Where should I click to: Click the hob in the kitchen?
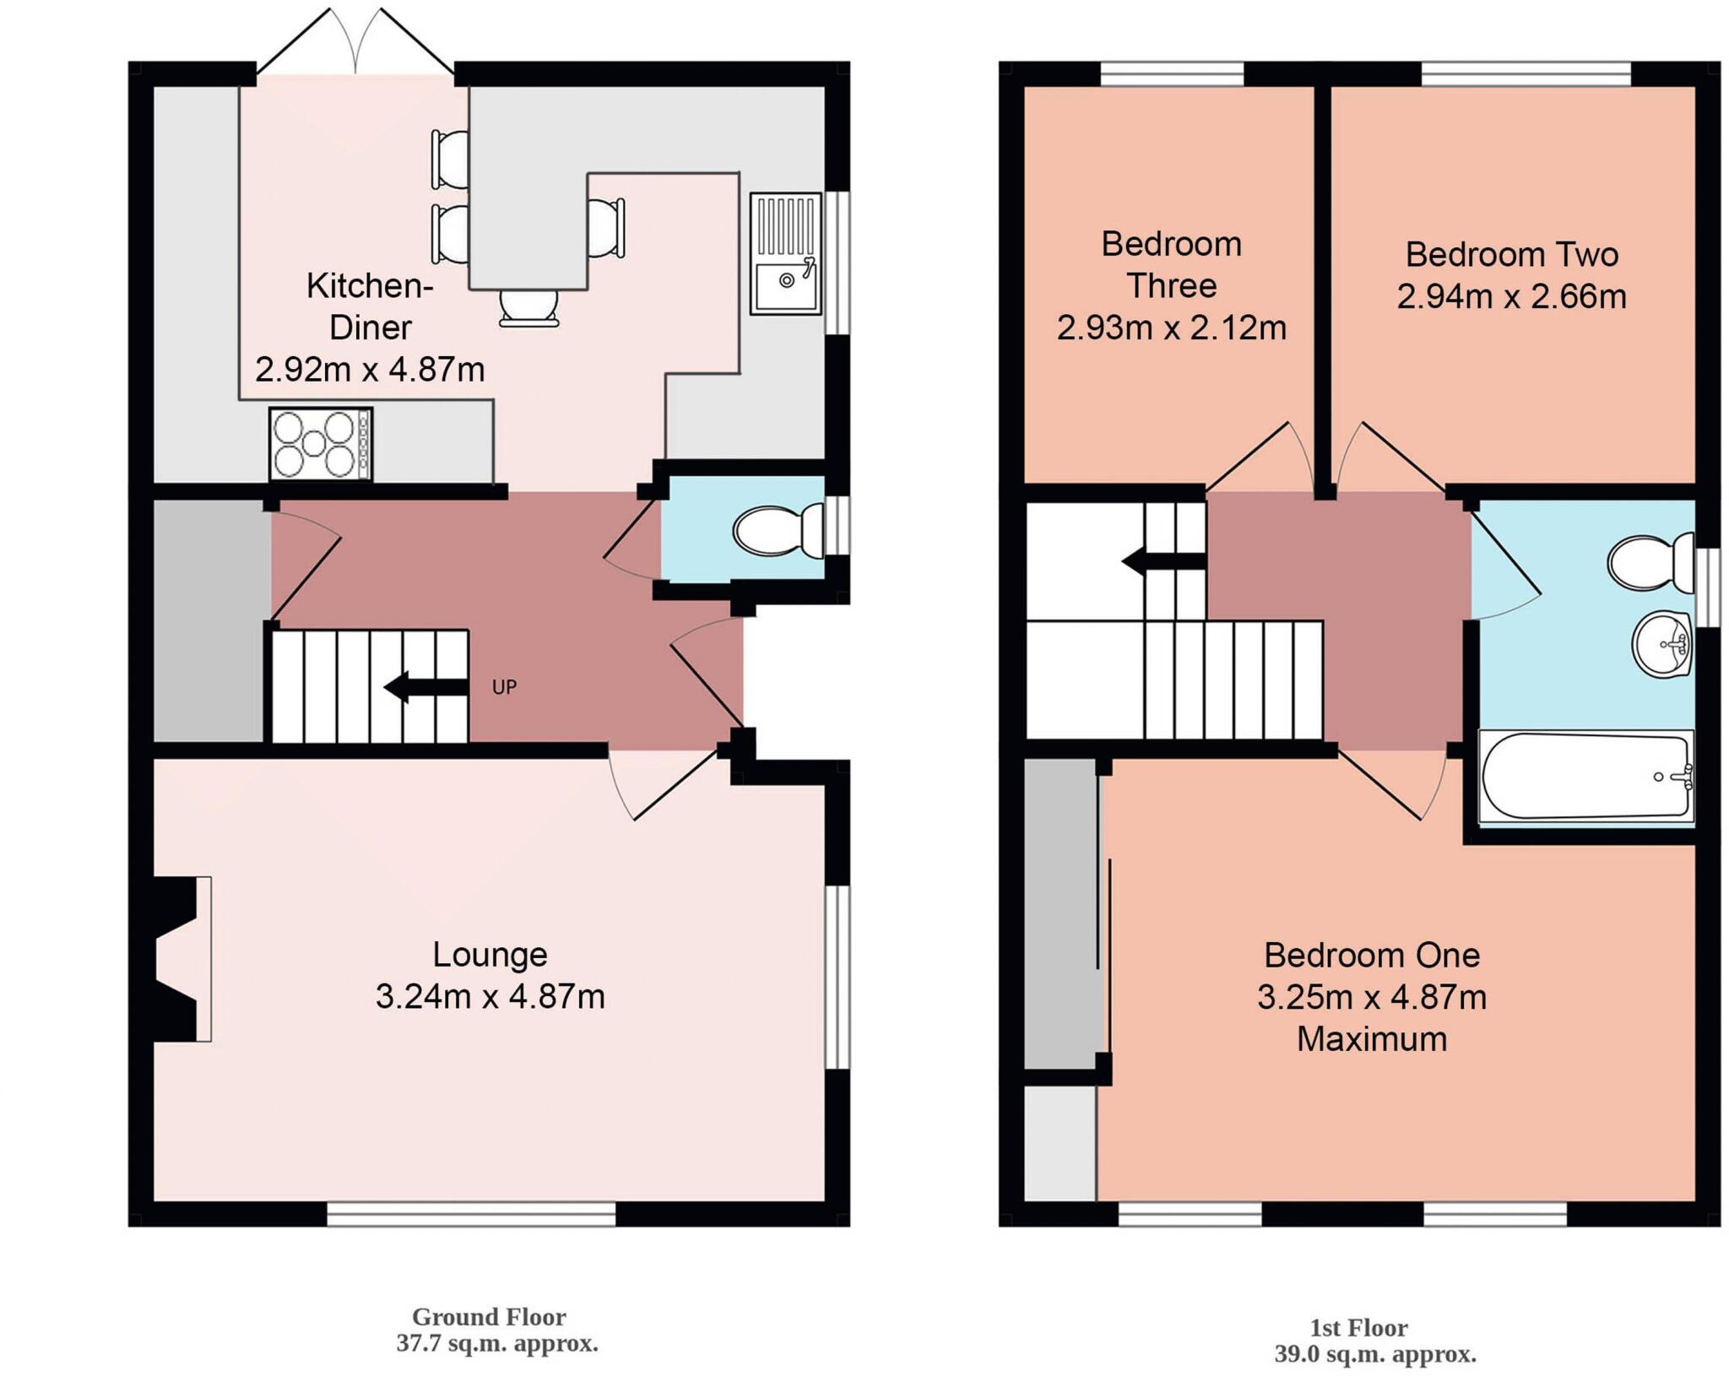click(320, 444)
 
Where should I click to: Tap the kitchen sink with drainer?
click(785, 253)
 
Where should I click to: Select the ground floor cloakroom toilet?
click(777, 530)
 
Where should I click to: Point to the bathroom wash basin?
click(1660, 645)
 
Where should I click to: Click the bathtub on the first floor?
click(1585, 776)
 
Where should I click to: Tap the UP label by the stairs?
click(504, 687)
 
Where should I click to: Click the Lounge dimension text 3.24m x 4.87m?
click(490, 997)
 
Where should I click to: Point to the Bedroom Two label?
click(1511, 255)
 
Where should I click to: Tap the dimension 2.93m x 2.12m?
click(1171, 328)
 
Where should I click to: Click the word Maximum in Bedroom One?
click(1371, 1039)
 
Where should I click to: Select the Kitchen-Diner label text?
click(370, 306)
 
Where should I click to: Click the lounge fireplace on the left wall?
click(182, 959)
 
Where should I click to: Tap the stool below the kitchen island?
click(528, 307)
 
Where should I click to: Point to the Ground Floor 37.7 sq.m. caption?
click(496, 1330)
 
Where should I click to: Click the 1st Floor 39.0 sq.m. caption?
click(1374, 1341)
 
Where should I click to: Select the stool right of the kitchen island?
click(605, 227)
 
